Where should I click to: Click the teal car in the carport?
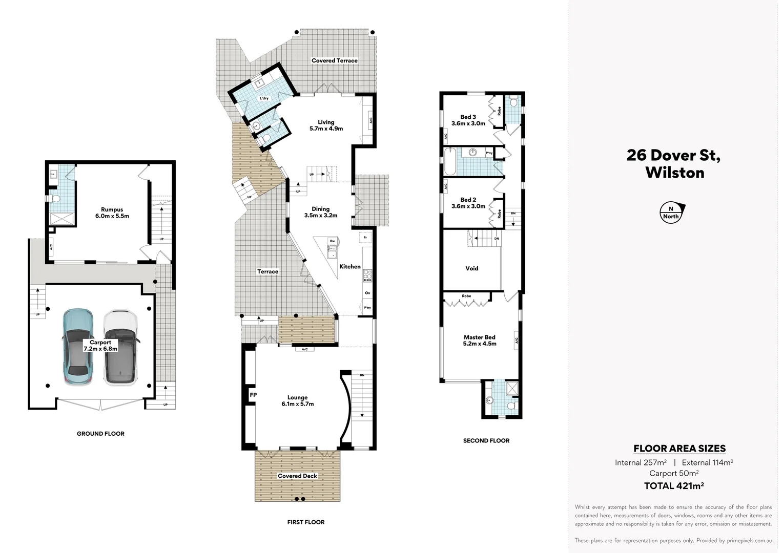point(78,346)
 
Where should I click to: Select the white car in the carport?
point(120,347)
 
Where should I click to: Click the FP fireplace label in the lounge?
point(253,395)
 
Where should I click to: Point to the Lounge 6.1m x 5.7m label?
point(297,400)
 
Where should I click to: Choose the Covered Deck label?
point(297,476)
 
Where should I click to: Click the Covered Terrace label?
point(334,60)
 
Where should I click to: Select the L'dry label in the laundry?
point(264,98)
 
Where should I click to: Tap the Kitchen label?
point(350,266)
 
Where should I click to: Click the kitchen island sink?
point(332,252)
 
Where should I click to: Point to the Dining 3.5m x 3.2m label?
point(320,212)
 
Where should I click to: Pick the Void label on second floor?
point(471,268)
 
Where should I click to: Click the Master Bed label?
point(479,341)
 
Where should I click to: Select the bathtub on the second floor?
point(449,162)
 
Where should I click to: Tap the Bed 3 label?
point(468,120)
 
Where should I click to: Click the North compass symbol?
point(671,212)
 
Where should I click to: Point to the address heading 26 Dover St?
point(673,163)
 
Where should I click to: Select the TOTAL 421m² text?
point(673,486)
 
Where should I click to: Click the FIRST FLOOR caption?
point(305,522)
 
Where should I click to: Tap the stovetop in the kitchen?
point(367,275)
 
